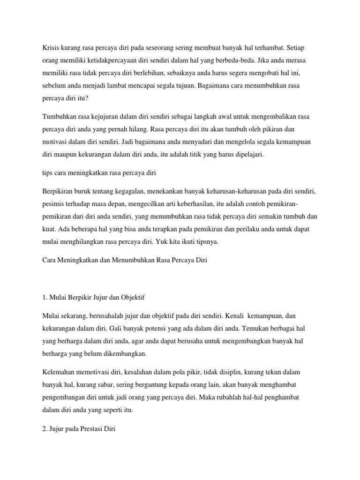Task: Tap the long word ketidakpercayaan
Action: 116,61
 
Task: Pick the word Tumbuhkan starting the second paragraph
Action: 59,116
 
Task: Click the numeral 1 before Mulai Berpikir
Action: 44,297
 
